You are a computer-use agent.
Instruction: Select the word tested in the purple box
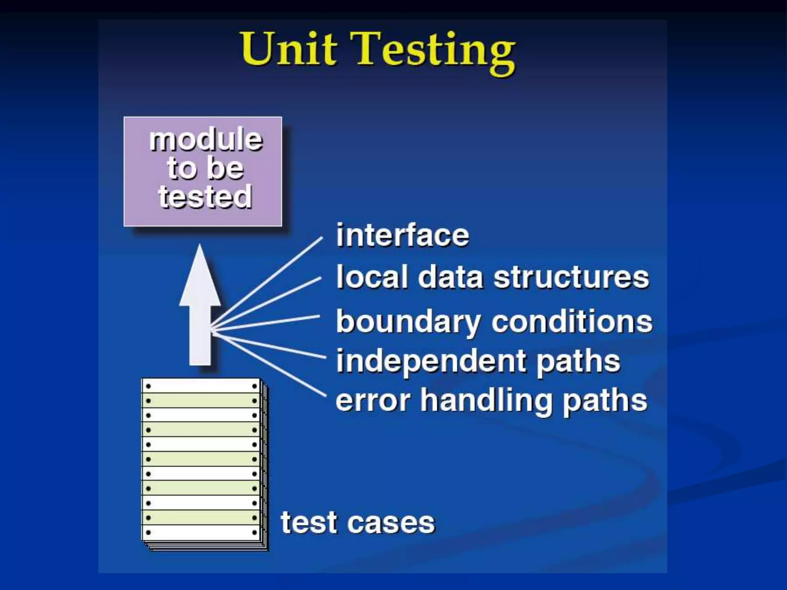[x=205, y=197]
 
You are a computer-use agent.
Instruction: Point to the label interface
[x=402, y=235]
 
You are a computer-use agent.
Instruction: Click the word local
[x=371, y=277]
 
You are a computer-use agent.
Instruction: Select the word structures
[x=571, y=277]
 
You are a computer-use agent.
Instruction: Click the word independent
[x=431, y=361]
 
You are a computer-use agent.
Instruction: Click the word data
[x=450, y=277]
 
